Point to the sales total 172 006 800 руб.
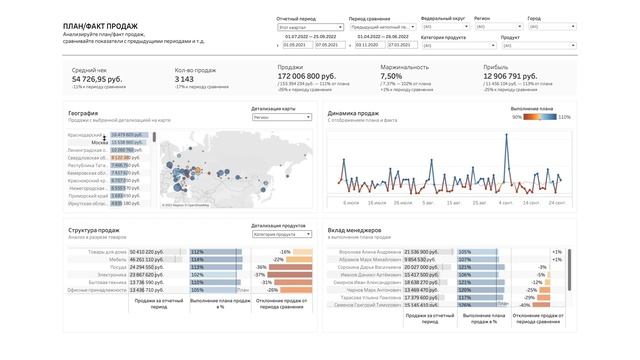[306, 77]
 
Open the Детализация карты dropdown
[283, 117]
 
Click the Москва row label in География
[99, 143]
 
